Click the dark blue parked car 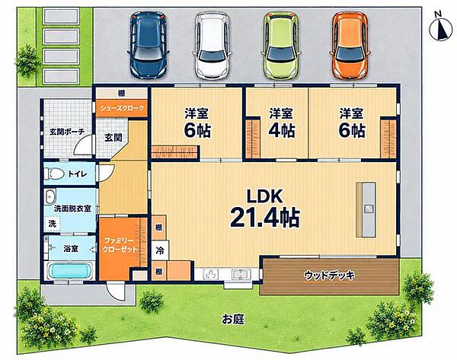pos(149,45)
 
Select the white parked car pos(213,46)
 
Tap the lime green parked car pos(282,46)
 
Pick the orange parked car pos(350,46)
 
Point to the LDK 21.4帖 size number pos(265,218)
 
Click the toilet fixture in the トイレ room pos(54,174)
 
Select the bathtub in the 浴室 pos(70,271)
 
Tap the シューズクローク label pos(122,108)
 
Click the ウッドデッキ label pos(329,275)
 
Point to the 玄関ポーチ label pos(67,132)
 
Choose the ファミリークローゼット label pos(120,245)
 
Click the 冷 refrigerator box pos(160,250)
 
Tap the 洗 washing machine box pos(52,224)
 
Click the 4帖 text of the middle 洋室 pos(282,130)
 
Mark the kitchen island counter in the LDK pos(366,209)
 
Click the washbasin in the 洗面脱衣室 pos(50,196)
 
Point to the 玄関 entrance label pos(113,138)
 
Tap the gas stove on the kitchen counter pos(212,274)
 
